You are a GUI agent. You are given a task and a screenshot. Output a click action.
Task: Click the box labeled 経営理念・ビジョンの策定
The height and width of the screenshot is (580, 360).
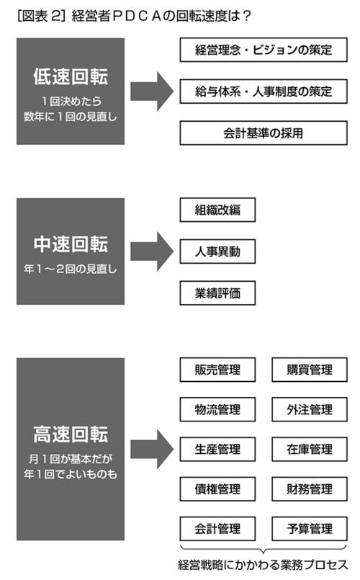tap(264, 50)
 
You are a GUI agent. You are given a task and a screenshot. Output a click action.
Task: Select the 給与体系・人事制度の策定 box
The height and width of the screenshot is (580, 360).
tap(264, 91)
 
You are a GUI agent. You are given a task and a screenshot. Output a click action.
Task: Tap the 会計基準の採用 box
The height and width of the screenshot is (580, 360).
tap(264, 133)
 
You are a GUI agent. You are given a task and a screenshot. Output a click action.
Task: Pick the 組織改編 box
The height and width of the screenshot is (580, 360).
tap(217, 210)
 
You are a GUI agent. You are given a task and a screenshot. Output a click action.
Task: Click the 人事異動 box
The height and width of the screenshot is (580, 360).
tap(217, 251)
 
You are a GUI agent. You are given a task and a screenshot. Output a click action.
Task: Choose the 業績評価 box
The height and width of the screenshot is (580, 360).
tap(217, 293)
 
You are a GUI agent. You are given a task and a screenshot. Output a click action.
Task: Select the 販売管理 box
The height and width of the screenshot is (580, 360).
tap(217, 370)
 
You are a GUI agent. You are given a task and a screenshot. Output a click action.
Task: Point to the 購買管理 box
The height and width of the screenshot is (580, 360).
tap(310, 370)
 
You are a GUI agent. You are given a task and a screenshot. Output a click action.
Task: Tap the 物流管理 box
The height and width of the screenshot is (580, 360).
tap(217, 409)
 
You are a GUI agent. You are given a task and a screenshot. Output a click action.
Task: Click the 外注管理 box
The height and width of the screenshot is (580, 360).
tap(310, 409)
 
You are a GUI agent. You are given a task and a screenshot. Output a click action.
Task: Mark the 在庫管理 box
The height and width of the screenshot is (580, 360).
tap(310, 449)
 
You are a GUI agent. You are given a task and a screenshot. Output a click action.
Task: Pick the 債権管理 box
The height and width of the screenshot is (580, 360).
tap(217, 489)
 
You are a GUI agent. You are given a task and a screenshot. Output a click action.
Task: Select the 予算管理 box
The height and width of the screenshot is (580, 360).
tap(310, 529)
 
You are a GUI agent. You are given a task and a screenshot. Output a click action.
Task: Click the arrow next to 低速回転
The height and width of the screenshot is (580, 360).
tap(152, 92)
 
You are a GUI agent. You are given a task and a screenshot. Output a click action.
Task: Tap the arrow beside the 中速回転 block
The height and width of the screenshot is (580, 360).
tap(152, 251)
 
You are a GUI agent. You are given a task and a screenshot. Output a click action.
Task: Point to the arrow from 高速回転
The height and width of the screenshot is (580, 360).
tap(152, 449)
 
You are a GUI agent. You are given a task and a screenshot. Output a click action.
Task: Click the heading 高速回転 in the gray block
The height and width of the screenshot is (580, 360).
tap(71, 434)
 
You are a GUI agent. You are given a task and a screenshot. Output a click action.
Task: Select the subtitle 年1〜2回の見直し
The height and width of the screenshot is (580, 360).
tap(71, 269)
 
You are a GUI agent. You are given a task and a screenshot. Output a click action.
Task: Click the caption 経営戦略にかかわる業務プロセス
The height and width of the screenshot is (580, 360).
tap(263, 565)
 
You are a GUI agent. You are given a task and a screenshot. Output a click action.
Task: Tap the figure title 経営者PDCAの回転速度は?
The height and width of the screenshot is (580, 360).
tap(161, 16)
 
